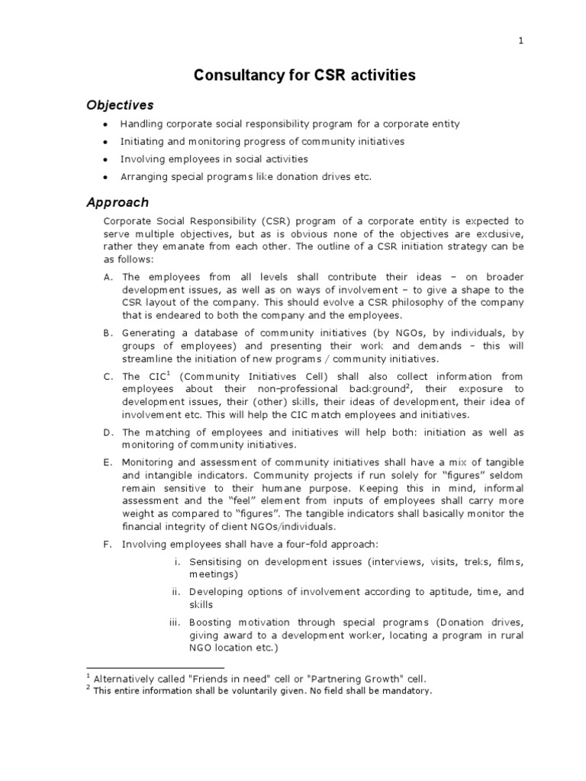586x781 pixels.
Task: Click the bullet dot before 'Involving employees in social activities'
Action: coord(106,159)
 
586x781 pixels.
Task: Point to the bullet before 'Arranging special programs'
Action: coord(106,177)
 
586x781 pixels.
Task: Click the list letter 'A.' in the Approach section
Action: coord(108,278)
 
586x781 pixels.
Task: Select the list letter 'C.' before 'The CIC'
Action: coord(108,376)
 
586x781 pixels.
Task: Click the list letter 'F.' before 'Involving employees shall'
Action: coord(108,544)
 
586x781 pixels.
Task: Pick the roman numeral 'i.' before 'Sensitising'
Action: coord(176,562)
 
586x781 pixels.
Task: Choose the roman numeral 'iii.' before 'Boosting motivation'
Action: coord(174,622)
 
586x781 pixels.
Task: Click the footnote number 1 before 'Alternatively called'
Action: coord(88,676)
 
